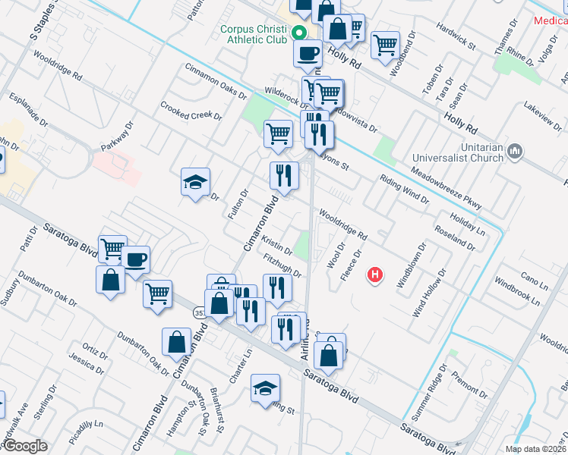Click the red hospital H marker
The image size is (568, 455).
(374, 275)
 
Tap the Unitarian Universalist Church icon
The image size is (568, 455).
(515, 151)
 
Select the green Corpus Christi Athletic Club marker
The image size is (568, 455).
(299, 33)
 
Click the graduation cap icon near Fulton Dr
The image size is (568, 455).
(195, 182)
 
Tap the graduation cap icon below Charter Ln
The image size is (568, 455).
(266, 388)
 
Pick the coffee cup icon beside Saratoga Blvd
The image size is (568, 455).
(136, 259)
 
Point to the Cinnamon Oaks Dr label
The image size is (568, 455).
(216, 81)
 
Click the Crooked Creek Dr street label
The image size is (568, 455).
(191, 112)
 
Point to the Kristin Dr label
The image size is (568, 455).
(276, 246)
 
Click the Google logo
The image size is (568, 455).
(24, 446)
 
